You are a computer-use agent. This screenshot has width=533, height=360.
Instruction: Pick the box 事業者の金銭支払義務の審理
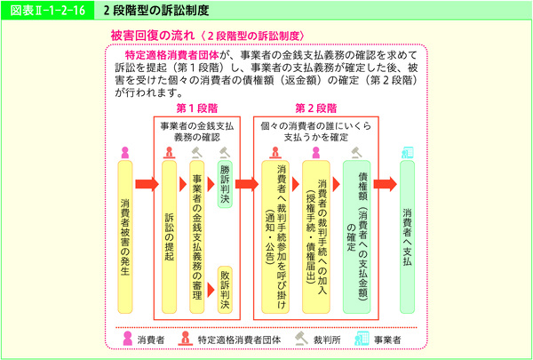tap(196, 236)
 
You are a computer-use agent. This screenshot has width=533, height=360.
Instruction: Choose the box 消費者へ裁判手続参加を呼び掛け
tap(276, 236)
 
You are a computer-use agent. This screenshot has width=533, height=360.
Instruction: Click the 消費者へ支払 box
tap(408, 236)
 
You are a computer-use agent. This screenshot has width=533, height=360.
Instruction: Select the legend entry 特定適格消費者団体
tap(238, 339)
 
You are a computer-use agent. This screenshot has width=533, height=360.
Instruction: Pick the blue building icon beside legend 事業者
tap(362, 338)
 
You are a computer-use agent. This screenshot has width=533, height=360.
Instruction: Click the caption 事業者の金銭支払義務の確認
tap(198, 132)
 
